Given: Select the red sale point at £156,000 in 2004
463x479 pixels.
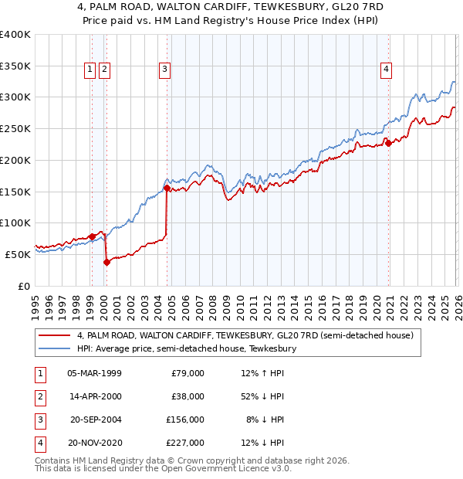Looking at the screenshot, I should tap(167, 188).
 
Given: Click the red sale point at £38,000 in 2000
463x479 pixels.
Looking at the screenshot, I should tap(107, 262).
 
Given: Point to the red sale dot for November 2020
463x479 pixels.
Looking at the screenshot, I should tap(389, 143).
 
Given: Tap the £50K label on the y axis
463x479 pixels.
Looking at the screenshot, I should tap(18, 254).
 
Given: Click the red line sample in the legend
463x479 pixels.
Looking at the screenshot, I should tap(55, 335).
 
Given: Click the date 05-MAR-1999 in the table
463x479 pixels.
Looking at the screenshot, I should tap(94, 373).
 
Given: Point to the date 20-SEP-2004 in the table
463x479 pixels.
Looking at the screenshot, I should tap(94, 420).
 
